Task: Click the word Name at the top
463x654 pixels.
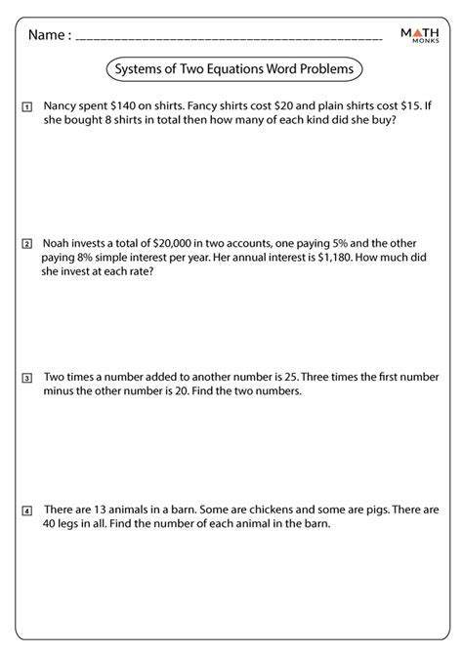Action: click(x=48, y=35)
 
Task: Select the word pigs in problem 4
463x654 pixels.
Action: click(x=375, y=509)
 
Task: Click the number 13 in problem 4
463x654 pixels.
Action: click(x=102, y=509)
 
